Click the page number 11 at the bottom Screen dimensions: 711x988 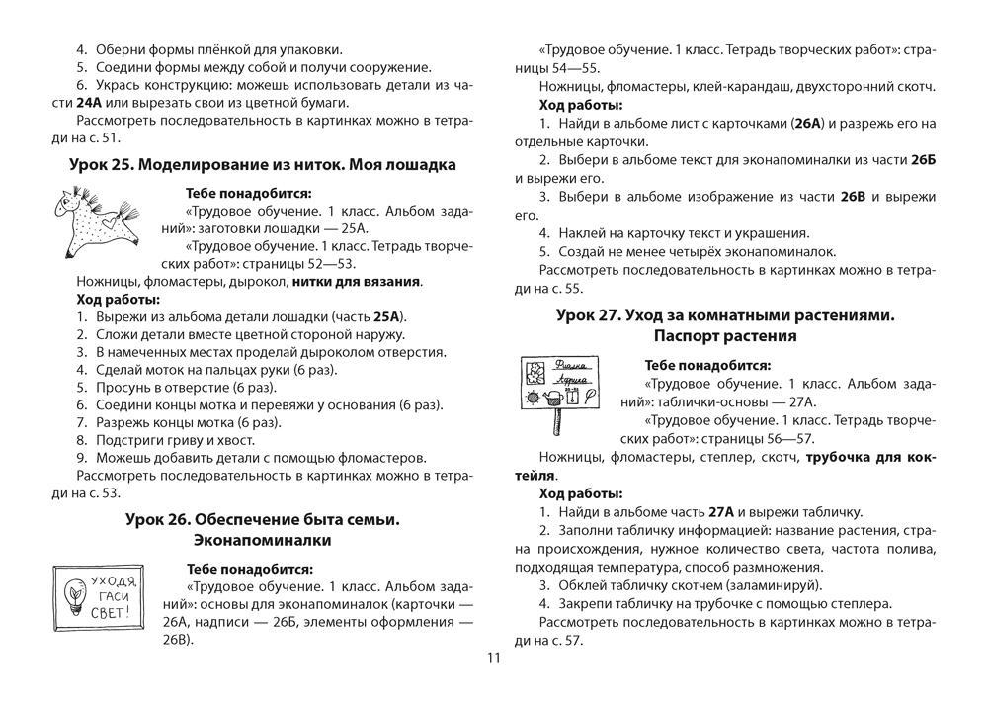(494, 659)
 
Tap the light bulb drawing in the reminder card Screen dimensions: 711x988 (75, 594)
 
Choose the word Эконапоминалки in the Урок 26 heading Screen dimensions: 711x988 (262, 540)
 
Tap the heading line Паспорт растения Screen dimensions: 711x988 (724, 336)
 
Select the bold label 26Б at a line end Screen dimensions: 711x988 (923, 159)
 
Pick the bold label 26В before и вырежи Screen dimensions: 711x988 (852, 197)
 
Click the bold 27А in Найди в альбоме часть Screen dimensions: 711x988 (720, 511)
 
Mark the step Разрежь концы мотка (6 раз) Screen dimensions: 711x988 (175, 422)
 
